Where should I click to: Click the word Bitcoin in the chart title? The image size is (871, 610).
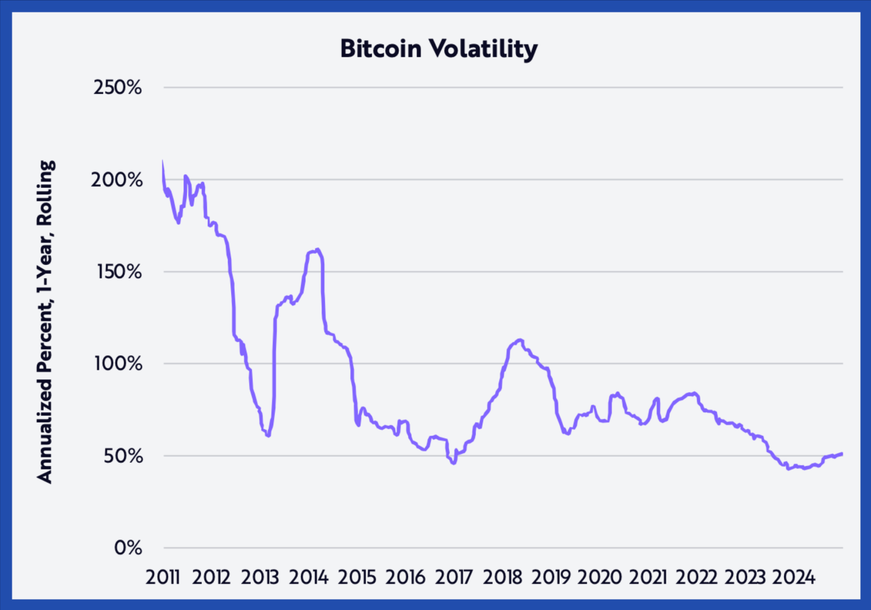pyautogui.click(x=381, y=48)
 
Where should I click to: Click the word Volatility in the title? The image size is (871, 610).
pyautogui.click(x=483, y=49)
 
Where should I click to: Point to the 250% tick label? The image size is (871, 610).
pyautogui.click(x=117, y=88)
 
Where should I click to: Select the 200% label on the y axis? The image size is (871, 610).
pyautogui.click(x=117, y=180)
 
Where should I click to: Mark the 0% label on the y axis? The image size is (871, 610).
pyautogui.click(x=128, y=548)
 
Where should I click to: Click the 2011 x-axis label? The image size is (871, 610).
pyautogui.click(x=163, y=577)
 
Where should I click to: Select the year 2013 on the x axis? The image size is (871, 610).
pyautogui.click(x=260, y=577)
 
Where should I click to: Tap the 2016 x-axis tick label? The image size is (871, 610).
pyautogui.click(x=405, y=577)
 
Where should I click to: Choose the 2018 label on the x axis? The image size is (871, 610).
pyautogui.click(x=502, y=577)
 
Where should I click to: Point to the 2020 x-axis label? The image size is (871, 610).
pyautogui.click(x=599, y=577)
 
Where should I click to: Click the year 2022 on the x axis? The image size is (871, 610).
pyautogui.click(x=696, y=577)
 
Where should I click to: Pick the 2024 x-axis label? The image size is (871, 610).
pyautogui.click(x=794, y=577)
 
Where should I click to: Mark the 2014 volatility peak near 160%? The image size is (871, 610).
pyautogui.click(x=317, y=250)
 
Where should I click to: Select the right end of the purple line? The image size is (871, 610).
pyautogui.click(x=842, y=453)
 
